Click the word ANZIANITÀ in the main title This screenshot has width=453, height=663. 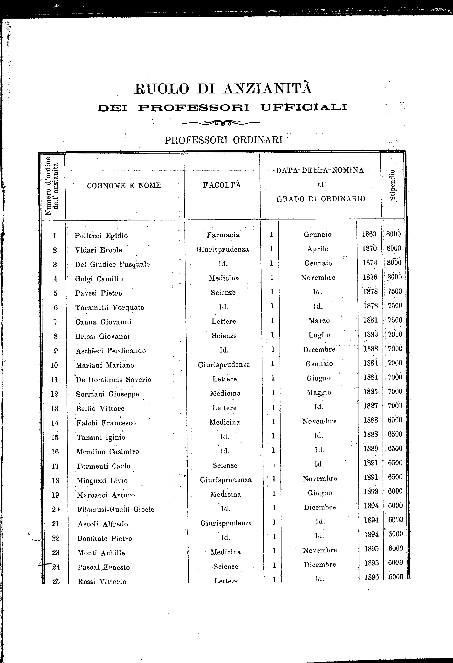(268, 88)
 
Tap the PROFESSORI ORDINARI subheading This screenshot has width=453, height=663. (224, 140)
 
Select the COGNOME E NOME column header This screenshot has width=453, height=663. (124, 185)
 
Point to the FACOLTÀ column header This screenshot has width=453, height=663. (222, 185)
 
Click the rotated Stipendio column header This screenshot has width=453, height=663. (392, 185)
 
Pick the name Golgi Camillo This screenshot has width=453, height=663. (99, 279)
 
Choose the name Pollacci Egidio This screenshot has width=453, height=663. (101, 236)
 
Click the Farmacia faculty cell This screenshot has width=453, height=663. (223, 235)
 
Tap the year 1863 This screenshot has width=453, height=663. (369, 234)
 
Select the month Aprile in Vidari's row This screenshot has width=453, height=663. (318, 249)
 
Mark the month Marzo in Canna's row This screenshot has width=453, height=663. (319, 321)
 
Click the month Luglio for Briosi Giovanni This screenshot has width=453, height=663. (319, 335)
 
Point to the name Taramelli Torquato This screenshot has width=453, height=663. (110, 308)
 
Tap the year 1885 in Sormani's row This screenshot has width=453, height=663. (371, 391)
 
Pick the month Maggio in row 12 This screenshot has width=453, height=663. (319, 393)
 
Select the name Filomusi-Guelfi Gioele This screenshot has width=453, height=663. (116, 509)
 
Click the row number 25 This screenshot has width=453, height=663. (56, 581)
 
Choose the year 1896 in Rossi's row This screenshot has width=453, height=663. (371, 577)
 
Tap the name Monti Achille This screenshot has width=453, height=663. (101, 553)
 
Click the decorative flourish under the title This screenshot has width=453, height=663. (223, 123)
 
